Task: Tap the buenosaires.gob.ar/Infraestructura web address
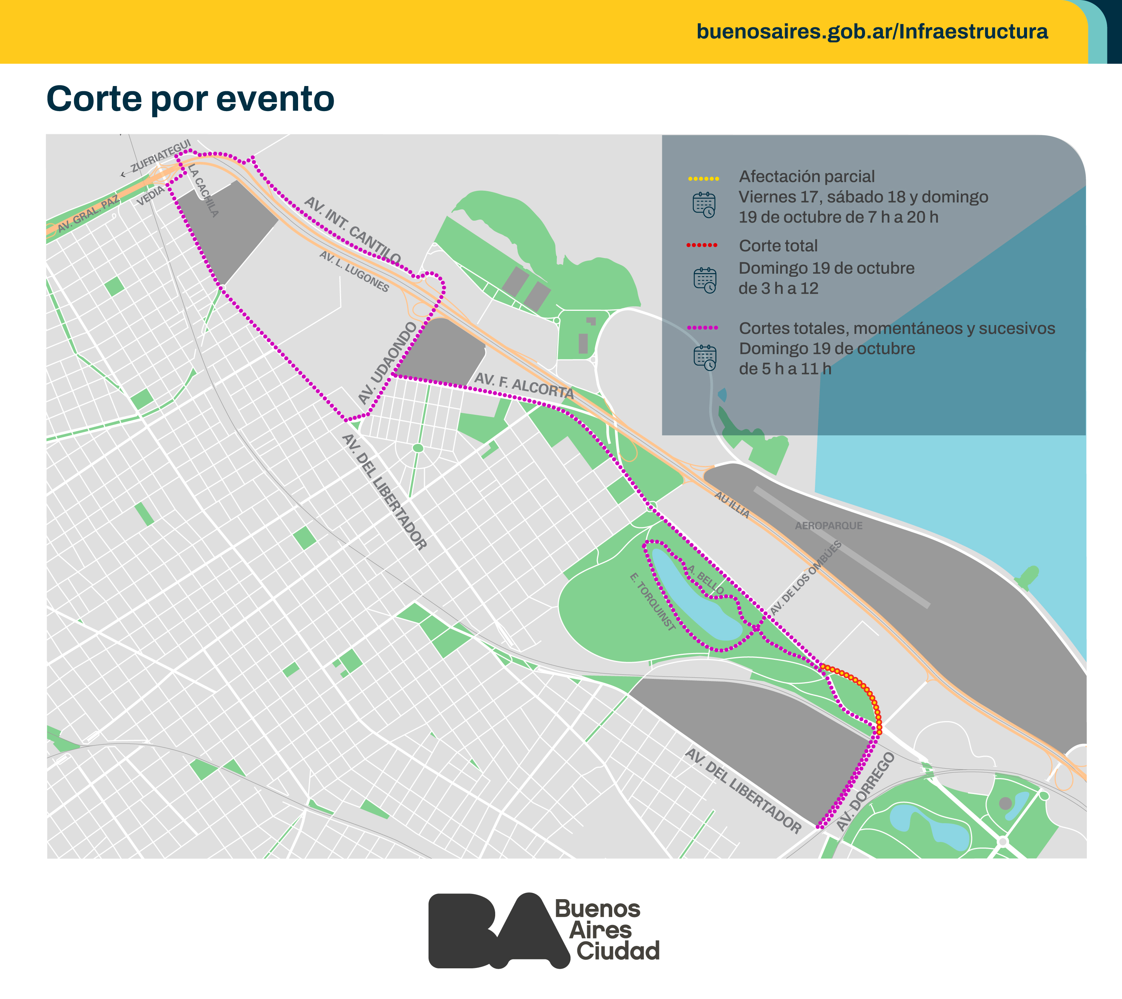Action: point(872,31)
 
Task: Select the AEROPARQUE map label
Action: point(828,526)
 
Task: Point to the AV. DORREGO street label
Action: point(865,791)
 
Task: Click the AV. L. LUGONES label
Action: point(354,271)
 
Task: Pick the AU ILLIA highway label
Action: point(732,504)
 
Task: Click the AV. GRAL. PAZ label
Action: point(88,214)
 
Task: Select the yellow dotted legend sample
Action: point(703,179)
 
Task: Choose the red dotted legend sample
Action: point(702,245)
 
